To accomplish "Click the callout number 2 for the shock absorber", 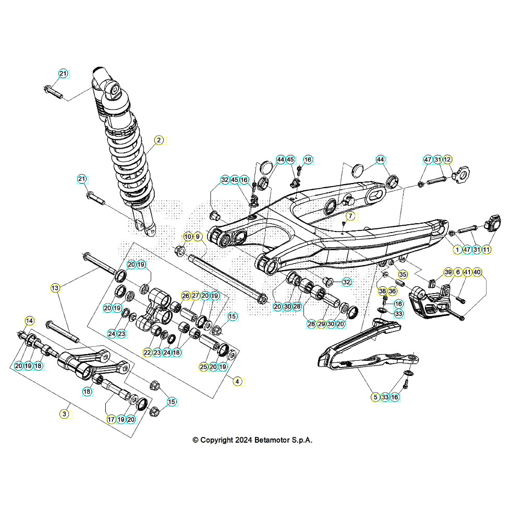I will click(x=159, y=140).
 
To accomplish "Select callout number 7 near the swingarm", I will click(x=350, y=215).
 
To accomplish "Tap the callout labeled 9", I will click(x=197, y=237).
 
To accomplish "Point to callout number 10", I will click(x=188, y=237).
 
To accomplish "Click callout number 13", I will click(x=56, y=287).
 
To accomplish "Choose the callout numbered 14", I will click(x=29, y=320).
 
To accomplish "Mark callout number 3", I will click(x=64, y=413).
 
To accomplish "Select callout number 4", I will click(x=237, y=381).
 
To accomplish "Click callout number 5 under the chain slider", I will click(x=375, y=397).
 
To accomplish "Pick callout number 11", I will click(x=486, y=250).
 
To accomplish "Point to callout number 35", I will click(x=402, y=274).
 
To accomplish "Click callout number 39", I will click(x=448, y=272).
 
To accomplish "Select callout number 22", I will click(x=148, y=352).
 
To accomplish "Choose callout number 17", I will click(x=111, y=419).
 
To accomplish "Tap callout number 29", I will click(x=321, y=324).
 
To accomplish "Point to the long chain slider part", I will click(x=360, y=349).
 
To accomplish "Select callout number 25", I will click(x=203, y=367).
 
